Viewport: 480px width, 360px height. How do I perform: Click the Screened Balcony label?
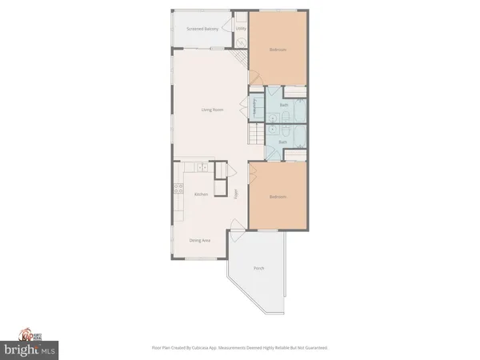(202, 29)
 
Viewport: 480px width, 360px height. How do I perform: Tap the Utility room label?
(240, 29)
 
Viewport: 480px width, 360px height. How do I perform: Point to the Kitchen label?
(201, 194)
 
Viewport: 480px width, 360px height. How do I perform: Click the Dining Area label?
(200, 240)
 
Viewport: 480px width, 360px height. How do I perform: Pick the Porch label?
(258, 268)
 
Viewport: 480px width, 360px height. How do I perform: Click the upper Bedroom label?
(277, 50)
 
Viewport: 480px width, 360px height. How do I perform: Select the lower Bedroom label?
(277, 197)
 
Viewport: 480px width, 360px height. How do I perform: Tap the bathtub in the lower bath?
(296, 137)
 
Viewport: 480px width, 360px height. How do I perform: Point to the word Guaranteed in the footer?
(314, 348)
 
